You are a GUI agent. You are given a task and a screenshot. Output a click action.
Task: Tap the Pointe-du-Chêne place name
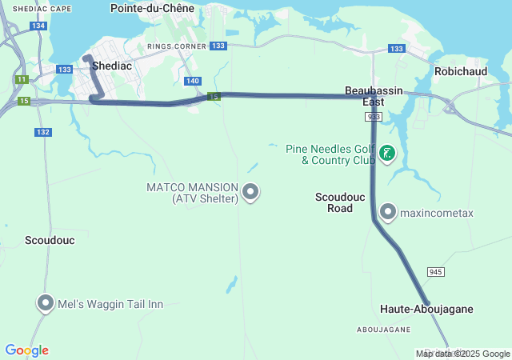(x=151, y=8)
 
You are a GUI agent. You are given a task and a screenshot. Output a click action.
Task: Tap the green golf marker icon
(x=388, y=153)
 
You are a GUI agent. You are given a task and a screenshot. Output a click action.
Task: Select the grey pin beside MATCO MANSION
(x=251, y=191)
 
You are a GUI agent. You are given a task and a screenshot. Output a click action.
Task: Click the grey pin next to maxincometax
(x=388, y=212)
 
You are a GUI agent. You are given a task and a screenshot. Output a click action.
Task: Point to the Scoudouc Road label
(x=334, y=202)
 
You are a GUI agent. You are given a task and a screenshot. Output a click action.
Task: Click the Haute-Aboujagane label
(x=426, y=309)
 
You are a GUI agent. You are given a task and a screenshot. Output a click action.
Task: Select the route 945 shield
(x=435, y=272)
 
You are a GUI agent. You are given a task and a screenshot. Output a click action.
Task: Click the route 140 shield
(x=192, y=81)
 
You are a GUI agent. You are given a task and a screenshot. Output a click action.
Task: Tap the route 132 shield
(x=43, y=132)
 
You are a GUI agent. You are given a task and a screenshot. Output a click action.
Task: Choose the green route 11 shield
(x=22, y=79)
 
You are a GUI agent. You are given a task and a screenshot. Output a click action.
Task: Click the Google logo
(x=26, y=350)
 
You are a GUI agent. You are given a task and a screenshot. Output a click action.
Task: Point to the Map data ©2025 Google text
(x=462, y=354)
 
